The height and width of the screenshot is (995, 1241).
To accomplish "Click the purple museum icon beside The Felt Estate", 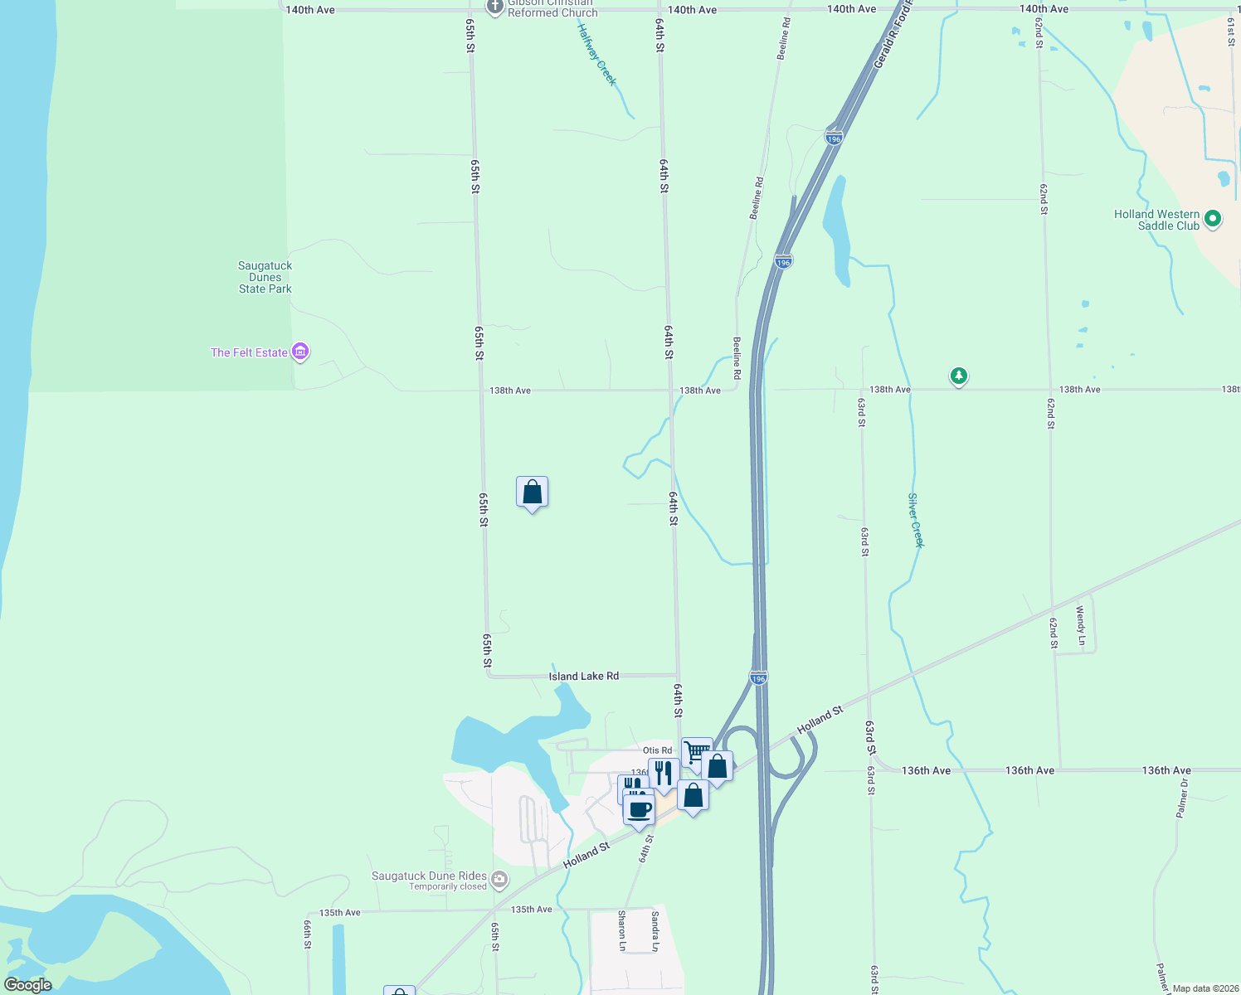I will [x=301, y=352].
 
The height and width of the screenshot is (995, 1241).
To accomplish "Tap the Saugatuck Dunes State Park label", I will [x=265, y=278].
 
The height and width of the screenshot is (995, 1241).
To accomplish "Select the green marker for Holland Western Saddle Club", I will [x=1213, y=219].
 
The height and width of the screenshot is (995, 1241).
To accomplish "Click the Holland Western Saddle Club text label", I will [x=1156, y=220].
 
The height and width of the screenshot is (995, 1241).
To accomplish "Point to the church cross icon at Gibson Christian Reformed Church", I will [x=495, y=7].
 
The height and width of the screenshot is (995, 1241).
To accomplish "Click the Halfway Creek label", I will [x=597, y=53].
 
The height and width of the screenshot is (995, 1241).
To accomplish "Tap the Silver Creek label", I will [x=915, y=521].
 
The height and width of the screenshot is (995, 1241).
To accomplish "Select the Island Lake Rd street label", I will [x=583, y=677].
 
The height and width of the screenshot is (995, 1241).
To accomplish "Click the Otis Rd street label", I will [x=657, y=750].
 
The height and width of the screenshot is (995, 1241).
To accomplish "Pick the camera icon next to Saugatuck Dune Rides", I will [x=499, y=879].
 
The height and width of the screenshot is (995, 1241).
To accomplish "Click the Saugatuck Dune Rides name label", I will [x=429, y=876].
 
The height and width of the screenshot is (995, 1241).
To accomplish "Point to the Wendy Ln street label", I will [x=1080, y=625].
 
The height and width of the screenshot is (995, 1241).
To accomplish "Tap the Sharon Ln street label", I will [x=622, y=930].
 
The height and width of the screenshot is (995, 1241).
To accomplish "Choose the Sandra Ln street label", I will [x=655, y=930].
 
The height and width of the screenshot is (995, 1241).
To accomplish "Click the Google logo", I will [x=27, y=985].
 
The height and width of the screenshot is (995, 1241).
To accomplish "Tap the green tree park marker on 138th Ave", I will [x=958, y=376].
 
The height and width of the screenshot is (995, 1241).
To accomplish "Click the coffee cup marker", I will [x=640, y=808].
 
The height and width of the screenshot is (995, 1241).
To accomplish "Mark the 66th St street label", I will [x=307, y=934].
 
